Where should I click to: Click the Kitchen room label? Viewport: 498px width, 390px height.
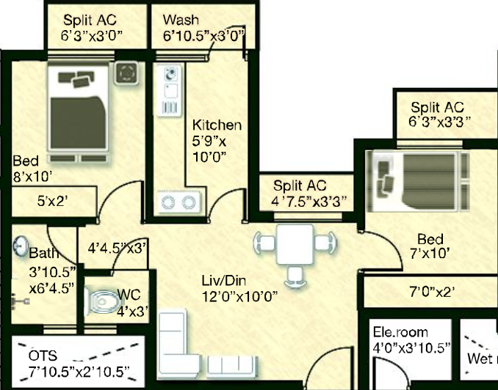[x=217, y=125]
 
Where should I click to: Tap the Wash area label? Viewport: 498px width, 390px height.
[x=181, y=20]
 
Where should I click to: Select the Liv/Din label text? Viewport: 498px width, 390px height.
[x=224, y=281]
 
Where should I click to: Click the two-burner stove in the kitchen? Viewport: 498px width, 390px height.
[x=179, y=202]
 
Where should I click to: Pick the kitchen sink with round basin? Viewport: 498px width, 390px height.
[x=171, y=75]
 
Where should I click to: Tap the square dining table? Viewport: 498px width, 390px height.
[x=295, y=244]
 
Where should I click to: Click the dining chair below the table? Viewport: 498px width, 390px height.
[x=295, y=277]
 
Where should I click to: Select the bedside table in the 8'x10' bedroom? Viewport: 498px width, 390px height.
[x=126, y=73]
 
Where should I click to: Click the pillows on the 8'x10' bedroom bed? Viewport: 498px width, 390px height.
[x=76, y=79]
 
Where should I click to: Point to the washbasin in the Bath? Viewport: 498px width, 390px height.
[x=21, y=246]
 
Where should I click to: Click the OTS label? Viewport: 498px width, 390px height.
[x=43, y=356]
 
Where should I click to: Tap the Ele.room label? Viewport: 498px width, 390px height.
[x=400, y=332]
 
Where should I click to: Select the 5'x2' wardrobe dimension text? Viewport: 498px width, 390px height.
[x=53, y=201]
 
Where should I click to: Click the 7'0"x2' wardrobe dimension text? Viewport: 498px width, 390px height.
[x=432, y=292]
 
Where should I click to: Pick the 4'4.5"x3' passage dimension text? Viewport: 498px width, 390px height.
[x=118, y=249]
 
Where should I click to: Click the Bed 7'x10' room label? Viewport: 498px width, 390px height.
[x=430, y=246]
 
